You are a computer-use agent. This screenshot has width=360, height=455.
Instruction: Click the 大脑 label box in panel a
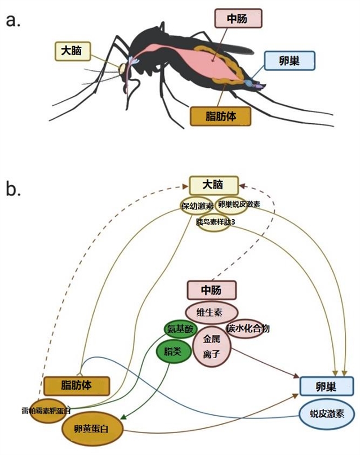[x=72, y=51]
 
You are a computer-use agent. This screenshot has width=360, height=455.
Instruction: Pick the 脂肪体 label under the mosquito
[x=220, y=116]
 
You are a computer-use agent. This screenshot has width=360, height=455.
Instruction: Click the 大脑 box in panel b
[x=213, y=185]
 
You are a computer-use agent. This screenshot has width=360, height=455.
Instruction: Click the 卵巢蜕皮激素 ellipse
[x=238, y=205]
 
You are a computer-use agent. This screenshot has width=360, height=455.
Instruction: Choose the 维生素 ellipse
[x=212, y=311]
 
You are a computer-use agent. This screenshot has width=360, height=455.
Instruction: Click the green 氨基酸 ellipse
[x=180, y=331]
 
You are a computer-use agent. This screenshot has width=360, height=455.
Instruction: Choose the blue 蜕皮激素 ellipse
[x=327, y=414]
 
